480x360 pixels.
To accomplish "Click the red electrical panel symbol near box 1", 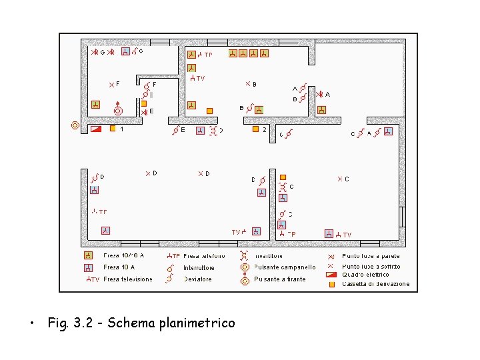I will click(96, 128).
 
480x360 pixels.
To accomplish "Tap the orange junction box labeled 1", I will click(113, 128).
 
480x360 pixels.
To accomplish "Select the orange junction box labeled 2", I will click(255, 129).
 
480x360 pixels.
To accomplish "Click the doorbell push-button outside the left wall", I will click(75, 125).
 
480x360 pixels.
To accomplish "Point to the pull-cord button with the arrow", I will click(118, 110).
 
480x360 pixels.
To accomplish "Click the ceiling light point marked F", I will click(112, 84).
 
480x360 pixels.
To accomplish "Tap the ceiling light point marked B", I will click(247, 84).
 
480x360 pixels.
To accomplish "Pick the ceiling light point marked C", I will click(339, 179).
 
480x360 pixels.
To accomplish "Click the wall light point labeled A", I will click(320, 95).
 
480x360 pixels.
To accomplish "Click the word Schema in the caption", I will click(130, 323).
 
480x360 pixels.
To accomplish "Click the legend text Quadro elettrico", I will click(365, 275).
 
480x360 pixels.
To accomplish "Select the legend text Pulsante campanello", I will click(285, 267).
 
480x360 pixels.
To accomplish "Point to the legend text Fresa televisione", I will click(128, 279).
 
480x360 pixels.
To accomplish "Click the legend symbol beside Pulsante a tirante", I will click(245, 280).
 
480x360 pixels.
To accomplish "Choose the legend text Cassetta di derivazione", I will click(375, 284).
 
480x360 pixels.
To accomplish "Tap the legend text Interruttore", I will click(199, 267).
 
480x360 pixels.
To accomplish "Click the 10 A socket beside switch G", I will click(125, 51).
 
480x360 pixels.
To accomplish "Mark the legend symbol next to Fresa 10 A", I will click(88, 267).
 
